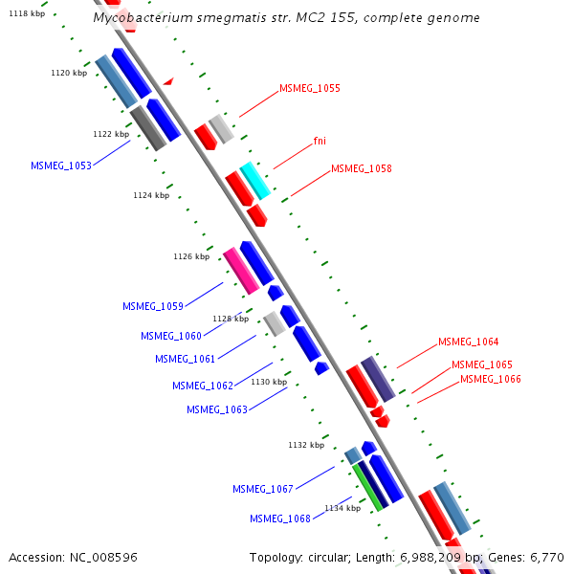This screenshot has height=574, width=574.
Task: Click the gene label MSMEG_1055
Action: point(309,88)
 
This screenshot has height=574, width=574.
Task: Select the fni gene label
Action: point(320,141)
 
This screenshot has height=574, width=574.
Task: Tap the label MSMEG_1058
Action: point(361,168)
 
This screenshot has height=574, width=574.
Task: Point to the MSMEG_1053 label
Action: point(61,166)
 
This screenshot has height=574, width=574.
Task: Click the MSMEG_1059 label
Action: point(153,306)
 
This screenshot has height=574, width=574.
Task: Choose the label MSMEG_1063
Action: point(217,409)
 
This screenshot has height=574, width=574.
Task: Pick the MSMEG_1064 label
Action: point(468,342)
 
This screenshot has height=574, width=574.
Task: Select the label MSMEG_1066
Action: point(491,379)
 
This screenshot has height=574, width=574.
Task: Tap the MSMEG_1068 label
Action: point(280,519)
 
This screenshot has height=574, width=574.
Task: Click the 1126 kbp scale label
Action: point(191,256)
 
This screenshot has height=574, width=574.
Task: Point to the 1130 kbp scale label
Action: point(269,382)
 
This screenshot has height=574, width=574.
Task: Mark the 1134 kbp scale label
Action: point(342,508)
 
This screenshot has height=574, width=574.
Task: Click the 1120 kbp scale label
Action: point(69,73)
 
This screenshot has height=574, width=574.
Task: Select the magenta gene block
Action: point(241,271)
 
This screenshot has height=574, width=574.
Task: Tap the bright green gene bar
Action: point(366,487)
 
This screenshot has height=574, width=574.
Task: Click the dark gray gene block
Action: point(148,128)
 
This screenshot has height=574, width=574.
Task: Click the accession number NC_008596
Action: point(105,557)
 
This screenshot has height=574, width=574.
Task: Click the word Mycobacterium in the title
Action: point(143,18)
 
